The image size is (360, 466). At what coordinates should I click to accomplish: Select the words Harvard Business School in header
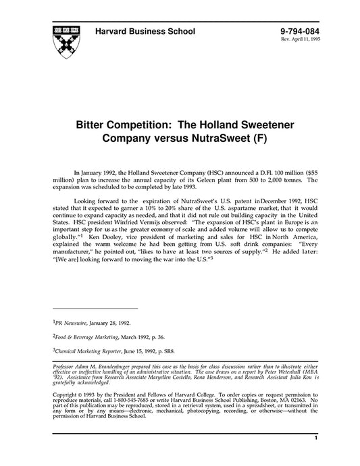[x=145, y=31]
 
